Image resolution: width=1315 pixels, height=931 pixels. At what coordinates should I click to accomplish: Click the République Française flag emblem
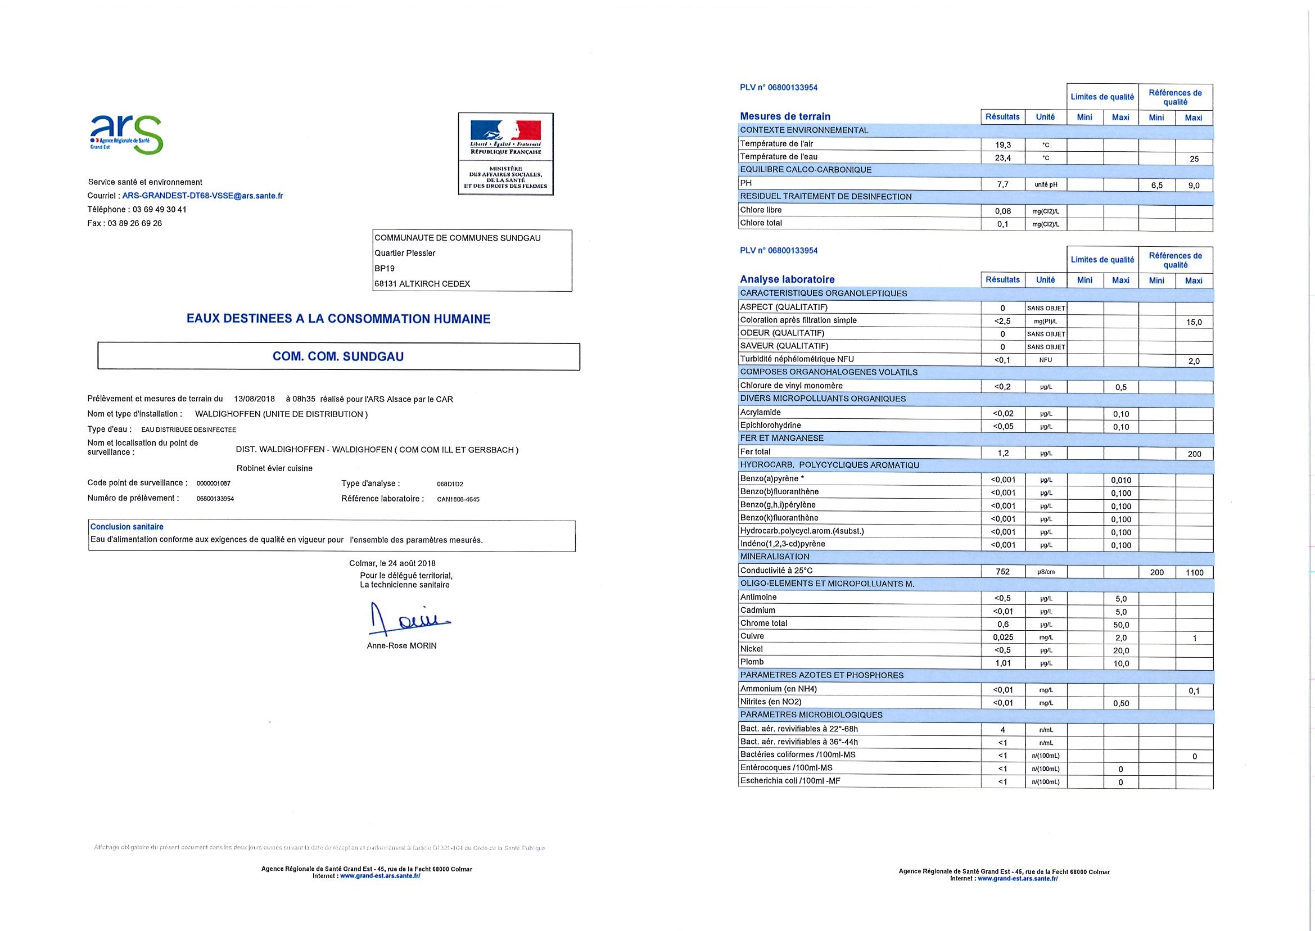[x=505, y=130]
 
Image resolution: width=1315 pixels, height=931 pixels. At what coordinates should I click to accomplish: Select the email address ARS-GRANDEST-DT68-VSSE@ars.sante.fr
[x=202, y=196]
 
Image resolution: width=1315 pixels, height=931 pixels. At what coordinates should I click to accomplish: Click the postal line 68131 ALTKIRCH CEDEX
[x=422, y=284]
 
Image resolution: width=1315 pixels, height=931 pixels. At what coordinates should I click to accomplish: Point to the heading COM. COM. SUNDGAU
[x=338, y=356]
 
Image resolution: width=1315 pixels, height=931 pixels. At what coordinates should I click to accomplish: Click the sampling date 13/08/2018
[x=255, y=399]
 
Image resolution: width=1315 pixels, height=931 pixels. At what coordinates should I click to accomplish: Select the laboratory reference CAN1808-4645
[x=458, y=499]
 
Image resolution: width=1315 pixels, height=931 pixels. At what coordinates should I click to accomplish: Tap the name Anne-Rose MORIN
[x=402, y=646]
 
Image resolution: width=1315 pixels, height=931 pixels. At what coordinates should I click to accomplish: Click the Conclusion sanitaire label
[x=126, y=527]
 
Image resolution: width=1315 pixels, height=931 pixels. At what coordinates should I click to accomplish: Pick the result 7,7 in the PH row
[x=1002, y=184]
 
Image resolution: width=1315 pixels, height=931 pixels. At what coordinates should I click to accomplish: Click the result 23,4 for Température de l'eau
[x=1002, y=158]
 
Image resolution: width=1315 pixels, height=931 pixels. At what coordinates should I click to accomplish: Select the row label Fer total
[x=755, y=452]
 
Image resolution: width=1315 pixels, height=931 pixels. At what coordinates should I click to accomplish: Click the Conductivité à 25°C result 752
[x=1002, y=572]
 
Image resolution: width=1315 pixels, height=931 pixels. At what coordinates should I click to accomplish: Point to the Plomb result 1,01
[x=1002, y=663]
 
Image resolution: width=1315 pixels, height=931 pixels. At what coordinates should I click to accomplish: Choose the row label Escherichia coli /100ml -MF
[x=790, y=781]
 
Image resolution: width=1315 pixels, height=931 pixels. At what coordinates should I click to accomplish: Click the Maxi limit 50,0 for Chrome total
[x=1121, y=625]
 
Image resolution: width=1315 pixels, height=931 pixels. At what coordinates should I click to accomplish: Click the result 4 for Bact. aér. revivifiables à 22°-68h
[x=1002, y=730]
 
